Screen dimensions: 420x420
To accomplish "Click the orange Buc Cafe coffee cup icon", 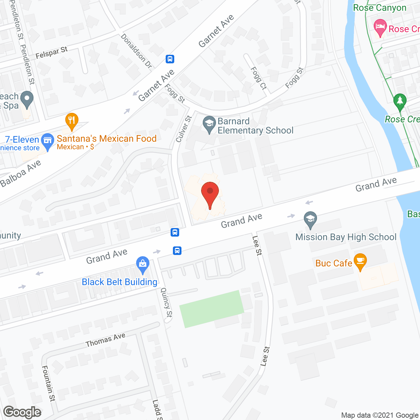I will pyautogui.click(x=360, y=261).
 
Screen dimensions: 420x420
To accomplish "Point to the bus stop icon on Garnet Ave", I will pyautogui.click(x=170, y=59).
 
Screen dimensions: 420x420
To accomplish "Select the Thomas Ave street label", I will pyautogui.click(x=105, y=340).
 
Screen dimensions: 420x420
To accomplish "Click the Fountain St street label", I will pyautogui.click(x=49, y=383).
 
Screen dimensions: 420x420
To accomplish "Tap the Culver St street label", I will pyautogui.click(x=183, y=129).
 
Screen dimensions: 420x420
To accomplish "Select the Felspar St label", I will pyautogui.click(x=52, y=52).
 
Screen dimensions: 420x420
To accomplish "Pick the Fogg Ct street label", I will pyautogui.click(x=259, y=78).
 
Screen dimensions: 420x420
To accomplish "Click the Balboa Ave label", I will pyautogui.click(x=21, y=174).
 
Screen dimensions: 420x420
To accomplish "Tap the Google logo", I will pyautogui.click(x=22, y=412).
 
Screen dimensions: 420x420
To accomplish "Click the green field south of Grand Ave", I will pyautogui.click(x=212, y=308).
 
